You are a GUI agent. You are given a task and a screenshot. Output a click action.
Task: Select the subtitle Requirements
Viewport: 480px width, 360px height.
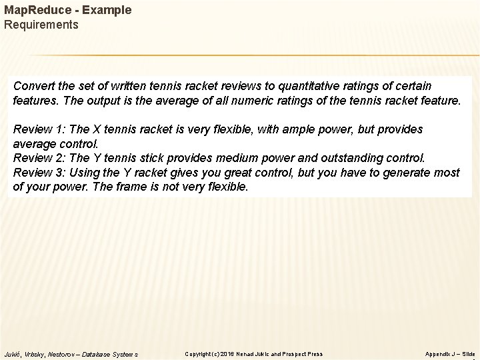click(41, 25)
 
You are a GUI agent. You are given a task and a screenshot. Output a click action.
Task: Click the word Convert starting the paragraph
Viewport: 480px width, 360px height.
click(35, 87)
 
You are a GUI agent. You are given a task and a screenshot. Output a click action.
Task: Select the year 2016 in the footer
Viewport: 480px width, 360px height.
click(227, 353)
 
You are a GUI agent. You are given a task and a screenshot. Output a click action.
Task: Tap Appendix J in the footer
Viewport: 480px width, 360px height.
click(441, 353)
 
